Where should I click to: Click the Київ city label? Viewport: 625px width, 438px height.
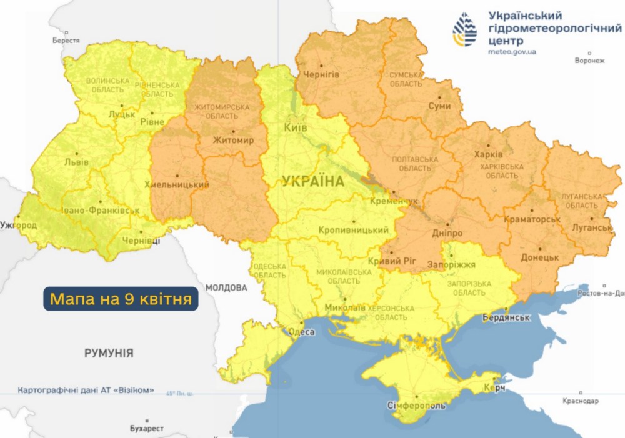295,127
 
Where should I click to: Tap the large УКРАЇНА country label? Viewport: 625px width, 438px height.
313,182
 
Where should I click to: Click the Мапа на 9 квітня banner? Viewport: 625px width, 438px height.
121,297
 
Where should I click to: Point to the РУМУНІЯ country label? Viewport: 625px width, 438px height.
109,354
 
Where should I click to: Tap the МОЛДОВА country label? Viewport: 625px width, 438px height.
226,288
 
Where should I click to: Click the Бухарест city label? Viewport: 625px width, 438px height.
147,429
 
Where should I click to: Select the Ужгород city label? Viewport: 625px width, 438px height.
18,224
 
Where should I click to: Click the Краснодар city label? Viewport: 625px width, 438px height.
580,401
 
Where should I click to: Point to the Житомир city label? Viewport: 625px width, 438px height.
233,141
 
